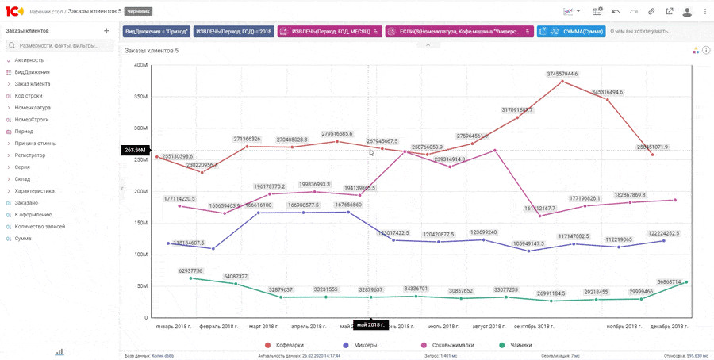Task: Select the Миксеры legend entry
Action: tap(363, 345)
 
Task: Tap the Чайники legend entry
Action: tap(520, 345)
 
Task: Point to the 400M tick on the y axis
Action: tap(140, 65)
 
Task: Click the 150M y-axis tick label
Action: tap(140, 223)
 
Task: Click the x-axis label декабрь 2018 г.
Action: tap(670, 326)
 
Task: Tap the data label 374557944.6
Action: tap(562, 74)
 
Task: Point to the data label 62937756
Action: tap(190, 270)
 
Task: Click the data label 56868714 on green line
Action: tap(669, 281)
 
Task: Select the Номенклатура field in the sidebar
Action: tap(33, 108)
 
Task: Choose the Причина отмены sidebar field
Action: tap(36, 144)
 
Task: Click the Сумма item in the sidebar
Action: tap(23, 239)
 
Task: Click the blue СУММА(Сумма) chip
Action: tap(571, 32)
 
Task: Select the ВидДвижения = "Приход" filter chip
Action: tap(156, 32)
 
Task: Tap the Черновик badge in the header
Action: tap(139, 11)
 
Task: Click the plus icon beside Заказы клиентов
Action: tap(107, 31)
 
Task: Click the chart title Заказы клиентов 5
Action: tap(152, 51)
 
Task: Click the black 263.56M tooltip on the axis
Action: tap(135, 150)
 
